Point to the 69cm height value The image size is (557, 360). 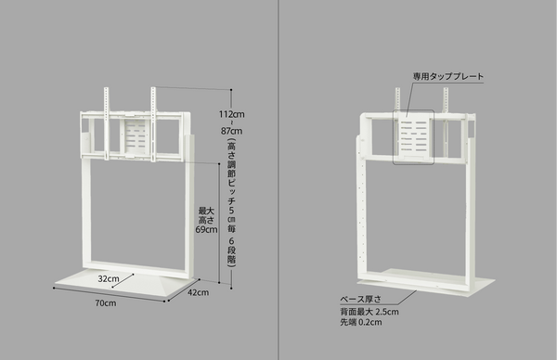(206, 230)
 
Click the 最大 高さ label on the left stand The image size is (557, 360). (206, 216)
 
